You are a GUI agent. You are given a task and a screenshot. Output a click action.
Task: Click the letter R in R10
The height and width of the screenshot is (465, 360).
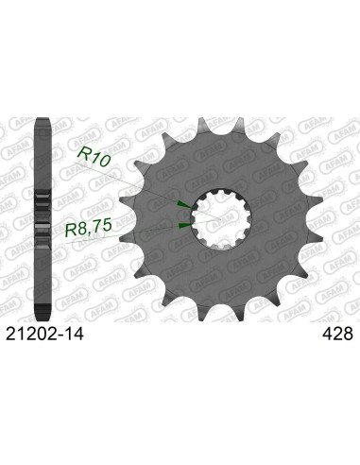[81, 162]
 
